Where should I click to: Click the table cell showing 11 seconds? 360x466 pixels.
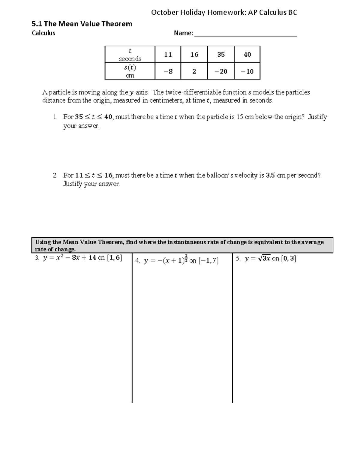(168, 55)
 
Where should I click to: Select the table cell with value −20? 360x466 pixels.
(221, 71)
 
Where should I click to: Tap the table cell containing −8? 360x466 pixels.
(168, 71)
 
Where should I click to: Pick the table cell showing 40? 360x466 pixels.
(247, 55)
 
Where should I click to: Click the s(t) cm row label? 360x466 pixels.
(130, 71)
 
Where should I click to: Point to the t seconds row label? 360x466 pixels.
(130, 55)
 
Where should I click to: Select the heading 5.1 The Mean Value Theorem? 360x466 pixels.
(82, 24)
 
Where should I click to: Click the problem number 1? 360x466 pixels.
(55, 117)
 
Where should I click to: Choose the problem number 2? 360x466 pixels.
(55, 176)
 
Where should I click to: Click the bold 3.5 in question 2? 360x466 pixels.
(270, 176)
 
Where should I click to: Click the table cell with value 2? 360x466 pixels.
(194, 71)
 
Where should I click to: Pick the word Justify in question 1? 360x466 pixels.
(317, 117)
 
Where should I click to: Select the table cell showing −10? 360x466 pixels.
(247, 71)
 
